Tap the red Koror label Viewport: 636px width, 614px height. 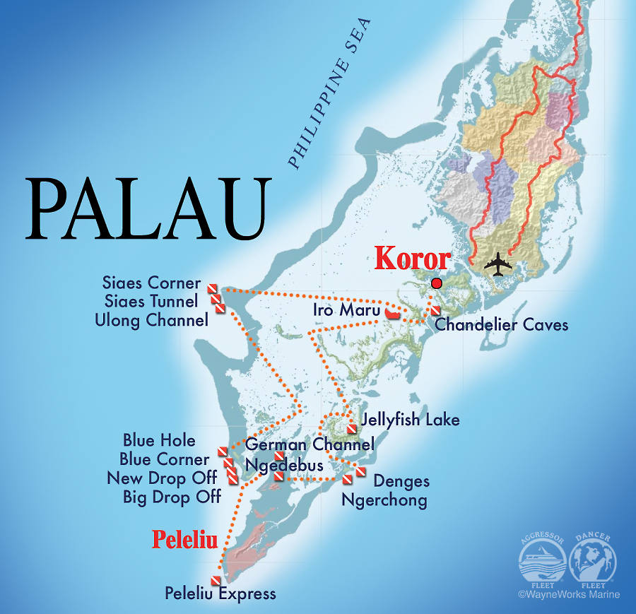tap(412, 259)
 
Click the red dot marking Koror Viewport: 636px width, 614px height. tap(436, 283)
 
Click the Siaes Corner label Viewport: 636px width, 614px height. tap(152, 283)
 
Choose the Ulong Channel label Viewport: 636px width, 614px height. tap(152, 320)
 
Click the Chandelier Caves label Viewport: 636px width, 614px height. tap(501, 325)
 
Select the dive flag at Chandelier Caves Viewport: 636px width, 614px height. tap(435, 312)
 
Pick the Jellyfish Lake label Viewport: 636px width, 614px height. tap(411, 420)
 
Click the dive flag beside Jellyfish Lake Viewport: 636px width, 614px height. tap(351, 429)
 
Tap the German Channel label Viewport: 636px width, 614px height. tap(310, 444)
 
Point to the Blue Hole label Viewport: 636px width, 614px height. tap(159, 440)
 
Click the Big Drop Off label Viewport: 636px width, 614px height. tap(172, 497)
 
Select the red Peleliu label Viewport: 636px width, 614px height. tap(185, 541)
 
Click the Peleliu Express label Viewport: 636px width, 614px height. tap(220, 594)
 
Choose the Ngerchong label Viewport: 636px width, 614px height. tap(384, 501)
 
